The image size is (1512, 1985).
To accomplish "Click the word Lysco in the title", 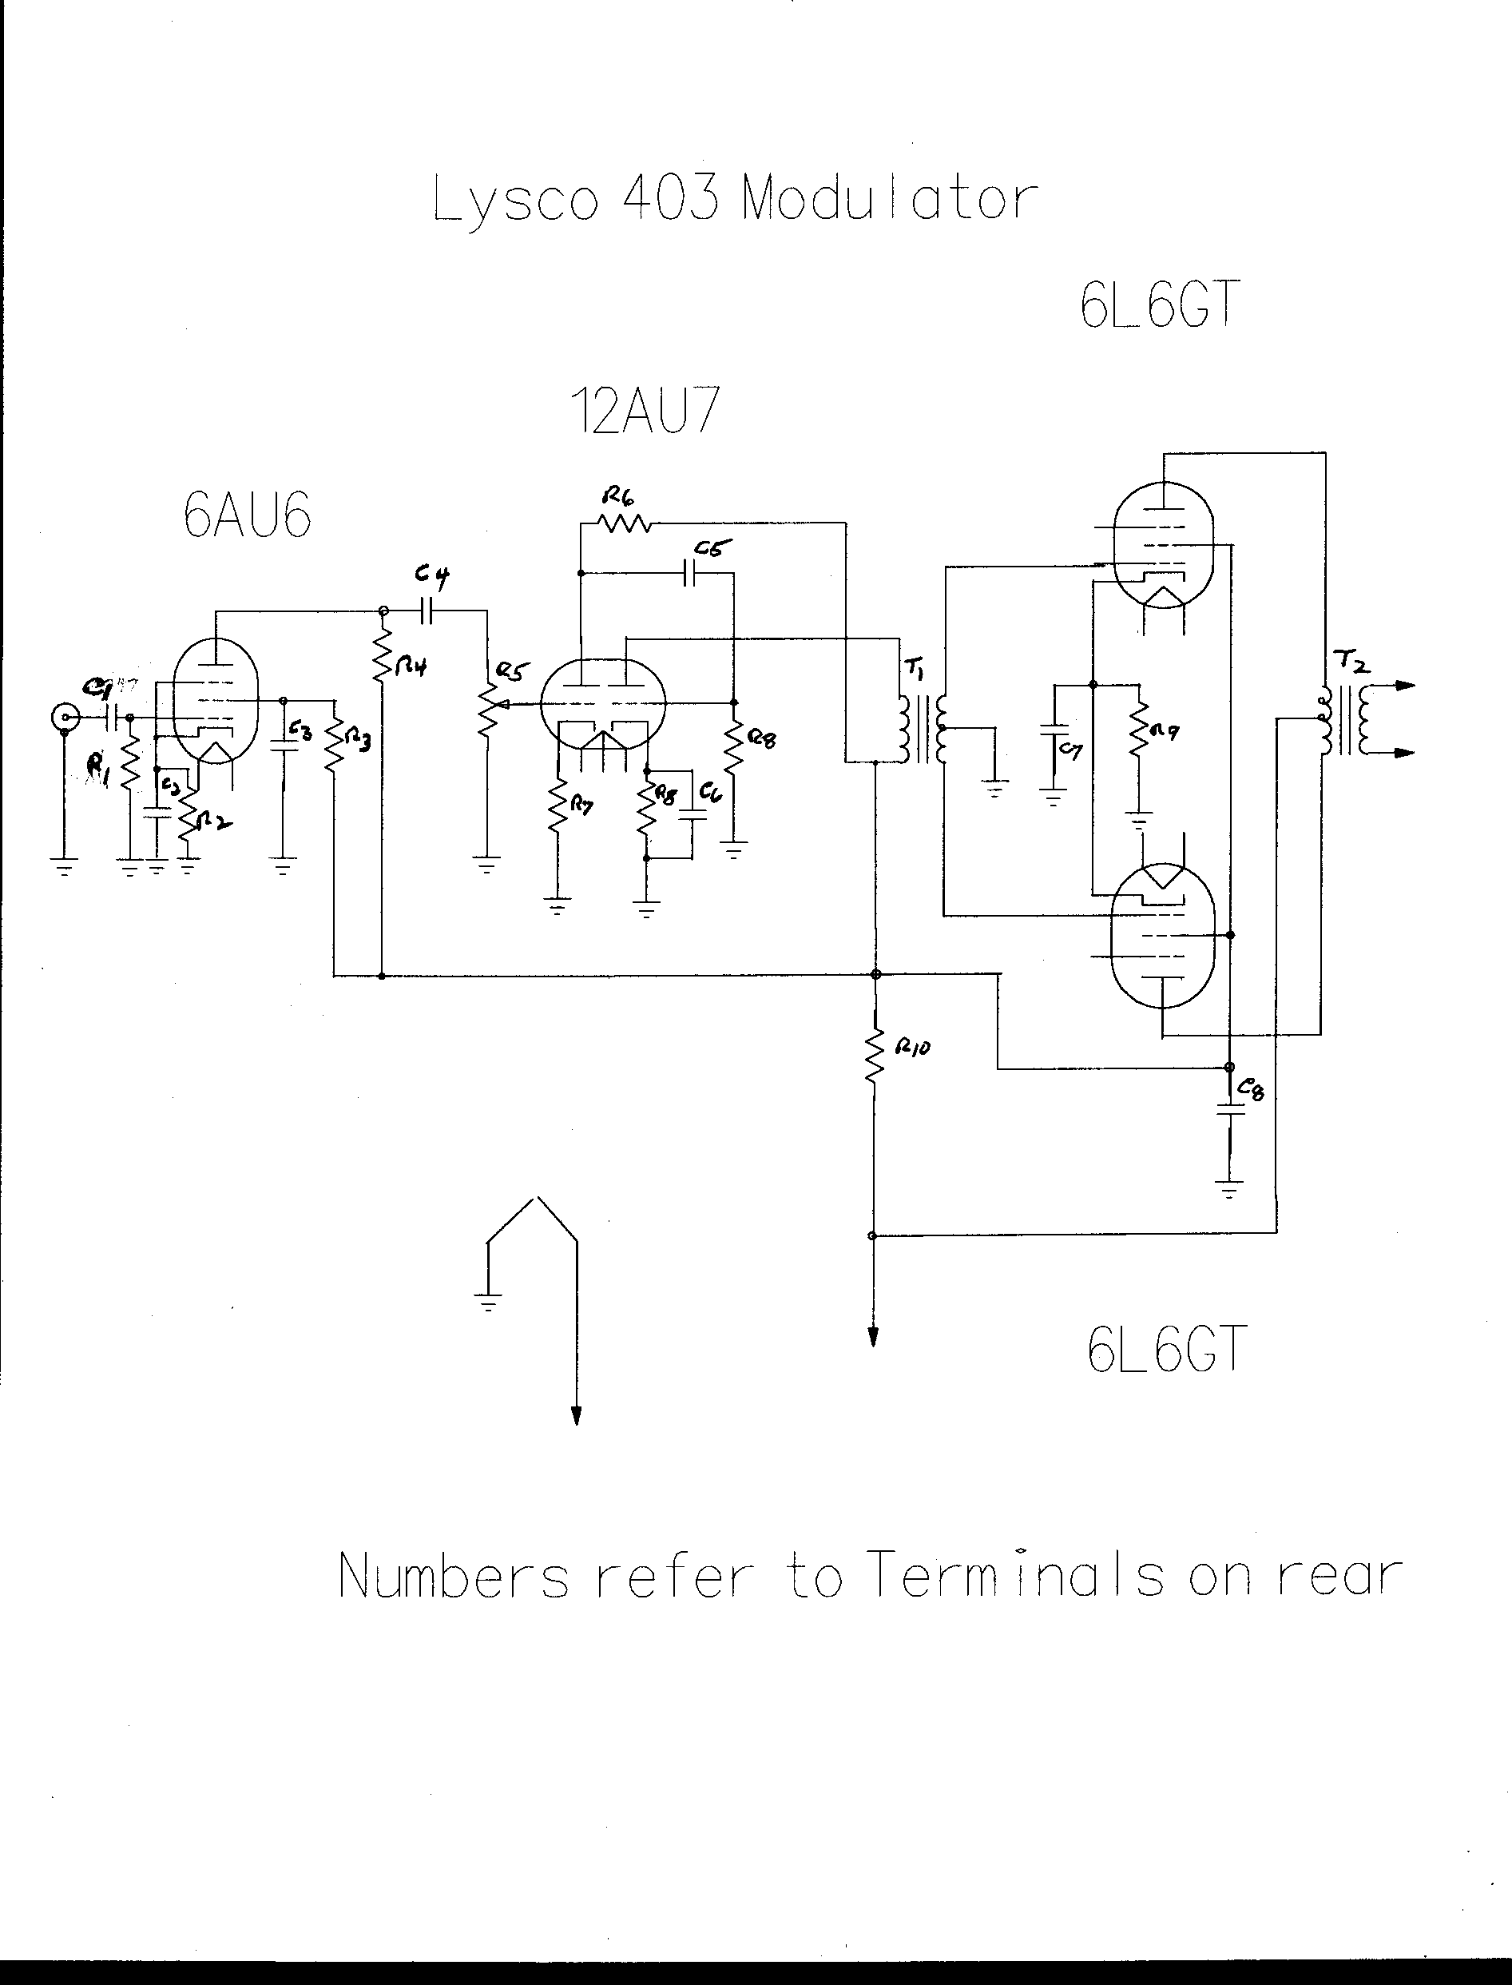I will (x=515, y=200).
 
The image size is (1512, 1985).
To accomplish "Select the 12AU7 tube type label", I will (x=645, y=412).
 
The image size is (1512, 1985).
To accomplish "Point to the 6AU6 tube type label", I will (x=248, y=517).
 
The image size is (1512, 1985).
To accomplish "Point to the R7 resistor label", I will (x=581, y=806).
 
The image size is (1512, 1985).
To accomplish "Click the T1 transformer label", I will (x=915, y=668).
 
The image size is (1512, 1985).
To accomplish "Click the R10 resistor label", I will (x=913, y=1048).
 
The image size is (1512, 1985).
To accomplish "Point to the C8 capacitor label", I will (x=1251, y=1090).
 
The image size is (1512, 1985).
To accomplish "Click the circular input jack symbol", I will (x=64, y=718).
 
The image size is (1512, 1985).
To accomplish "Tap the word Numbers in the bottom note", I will (x=454, y=1577).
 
